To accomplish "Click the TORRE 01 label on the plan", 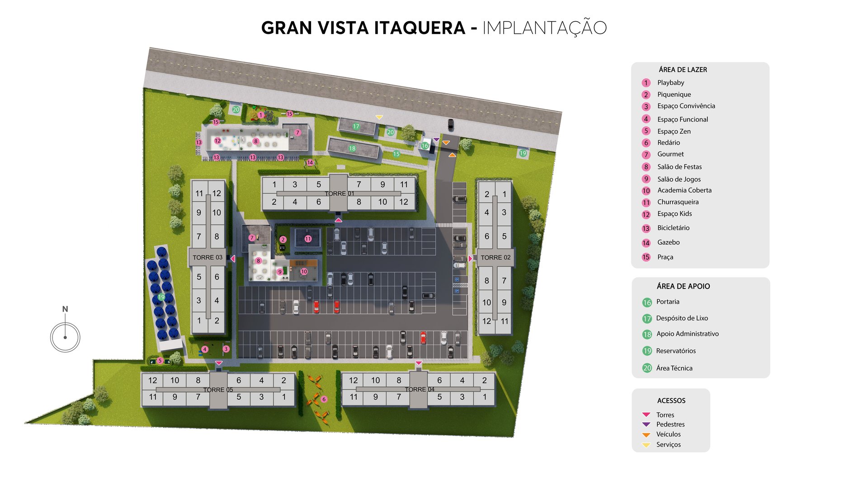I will (339, 194).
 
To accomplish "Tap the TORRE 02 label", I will (495, 257).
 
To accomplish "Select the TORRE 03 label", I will (208, 257).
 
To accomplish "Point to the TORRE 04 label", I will (420, 389).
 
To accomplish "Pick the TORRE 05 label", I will (218, 390).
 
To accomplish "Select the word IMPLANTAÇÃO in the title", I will (544, 28).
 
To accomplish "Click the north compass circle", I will (65, 337).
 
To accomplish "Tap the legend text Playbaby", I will (670, 83).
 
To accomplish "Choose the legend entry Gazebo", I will (668, 242).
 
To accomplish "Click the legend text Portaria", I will (668, 302).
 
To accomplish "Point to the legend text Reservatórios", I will (676, 351).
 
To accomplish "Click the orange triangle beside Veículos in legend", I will (646, 435).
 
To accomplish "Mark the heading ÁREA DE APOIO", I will (683, 286).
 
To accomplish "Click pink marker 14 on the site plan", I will (310, 163).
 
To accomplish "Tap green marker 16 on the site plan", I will (425, 146).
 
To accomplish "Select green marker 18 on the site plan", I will (352, 148).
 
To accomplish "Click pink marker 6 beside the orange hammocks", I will (324, 399).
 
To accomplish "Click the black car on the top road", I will (450, 124).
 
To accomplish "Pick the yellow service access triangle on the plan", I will (379, 118).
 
